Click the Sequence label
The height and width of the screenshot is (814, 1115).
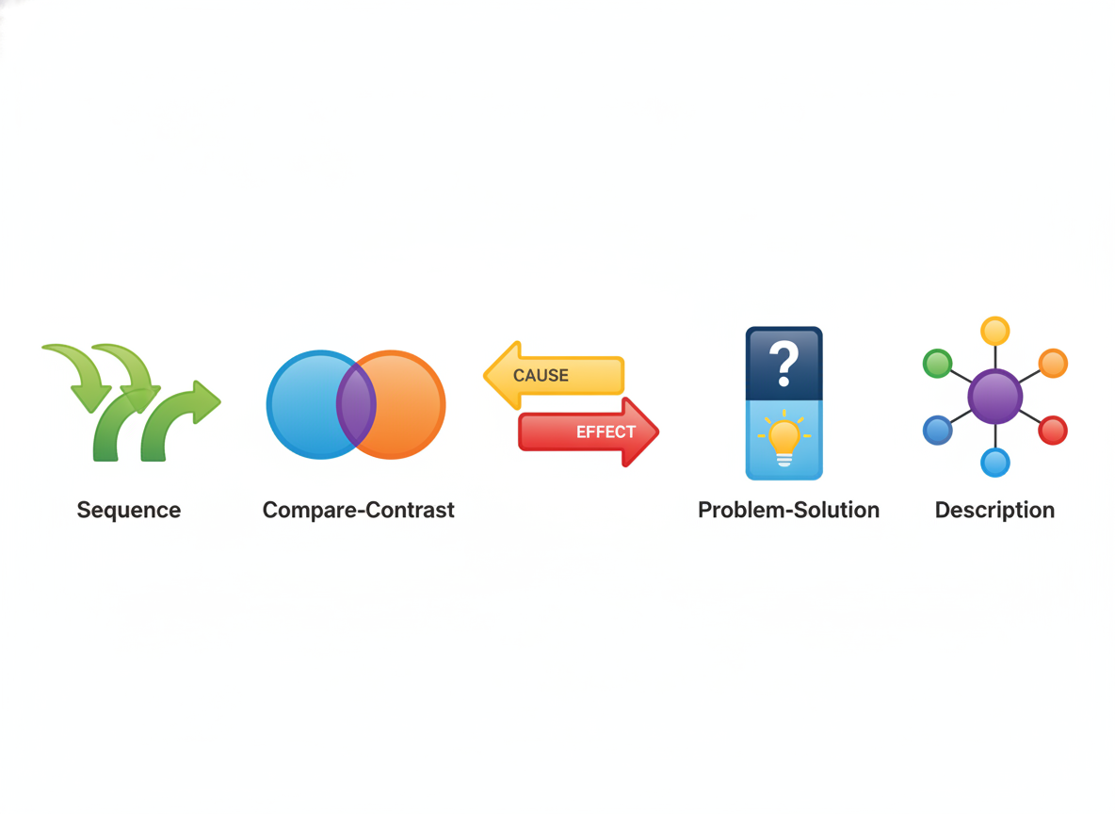click(x=129, y=511)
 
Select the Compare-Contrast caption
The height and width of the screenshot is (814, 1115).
click(x=359, y=511)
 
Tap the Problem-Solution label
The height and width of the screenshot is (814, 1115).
click(x=788, y=511)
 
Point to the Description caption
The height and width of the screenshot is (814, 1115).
click(x=994, y=511)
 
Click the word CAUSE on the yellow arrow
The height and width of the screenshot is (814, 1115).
click(x=541, y=376)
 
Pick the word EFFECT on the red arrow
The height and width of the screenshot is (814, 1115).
click(x=606, y=431)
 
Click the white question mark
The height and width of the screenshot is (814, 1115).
click(x=784, y=363)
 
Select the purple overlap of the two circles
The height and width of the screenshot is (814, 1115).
click(x=356, y=404)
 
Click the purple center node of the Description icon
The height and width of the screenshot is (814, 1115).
click(x=994, y=397)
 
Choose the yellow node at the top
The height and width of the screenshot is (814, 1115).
click(x=994, y=331)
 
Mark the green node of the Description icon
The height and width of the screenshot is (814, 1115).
click(x=938, y=364)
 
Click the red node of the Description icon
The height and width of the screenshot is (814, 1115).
click(x=1053, y=430)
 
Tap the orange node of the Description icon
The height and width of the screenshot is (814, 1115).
click(x=1053, y=363)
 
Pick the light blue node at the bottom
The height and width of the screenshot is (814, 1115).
click(x=994, y=463)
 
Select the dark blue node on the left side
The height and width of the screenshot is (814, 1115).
click(x=938, y=430)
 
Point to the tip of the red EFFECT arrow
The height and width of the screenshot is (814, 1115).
click(x=658, y=431)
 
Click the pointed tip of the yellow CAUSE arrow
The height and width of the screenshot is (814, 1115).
click(x=484, y=375)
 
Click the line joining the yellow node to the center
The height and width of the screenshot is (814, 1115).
click(x=994, y=357)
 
